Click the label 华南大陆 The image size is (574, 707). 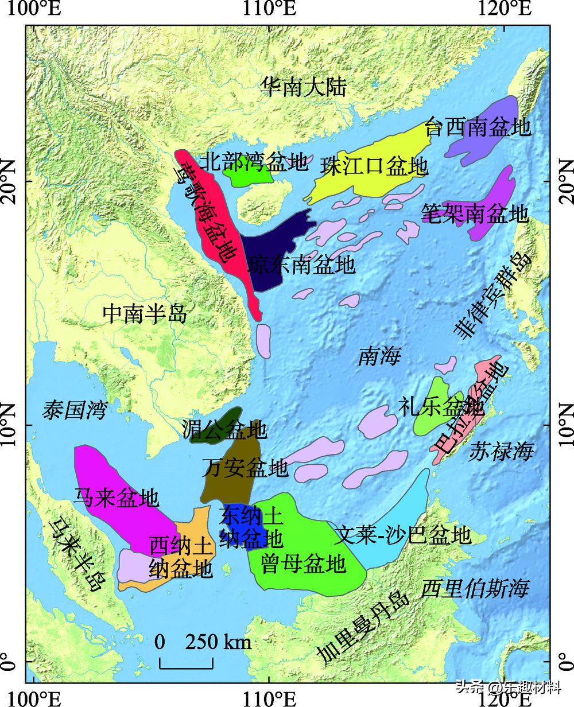[304, 88]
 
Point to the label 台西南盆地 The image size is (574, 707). [478, 127]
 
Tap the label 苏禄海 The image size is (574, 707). [501, 452]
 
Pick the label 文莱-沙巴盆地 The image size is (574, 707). [404, 535]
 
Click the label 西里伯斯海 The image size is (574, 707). [474, 588]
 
